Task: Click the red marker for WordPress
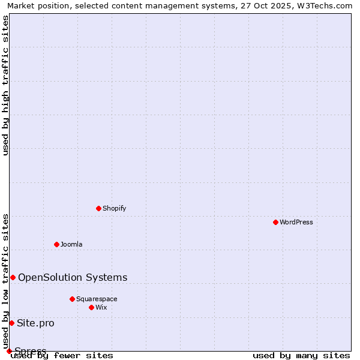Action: pos(275,222)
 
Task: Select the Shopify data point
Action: pos(99,208)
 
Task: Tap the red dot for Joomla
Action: pos(56,244)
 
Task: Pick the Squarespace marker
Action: pos(72,299)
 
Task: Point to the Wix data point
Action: pos(91,307)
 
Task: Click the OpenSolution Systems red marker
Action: pos(13,277)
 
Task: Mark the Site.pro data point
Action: pos(11,323)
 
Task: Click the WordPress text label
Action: pos(296,222)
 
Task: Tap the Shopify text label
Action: pos(114,208)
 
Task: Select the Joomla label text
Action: pos(71,244)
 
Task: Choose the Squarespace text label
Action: pos(97,299)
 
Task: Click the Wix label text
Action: pos(101,307)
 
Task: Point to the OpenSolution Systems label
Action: pos(73,277)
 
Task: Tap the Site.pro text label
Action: pos(35,323)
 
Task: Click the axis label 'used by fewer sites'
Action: pos(62,355)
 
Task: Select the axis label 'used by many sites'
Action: pos(301,355)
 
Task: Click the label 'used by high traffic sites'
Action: pos(6,85)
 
